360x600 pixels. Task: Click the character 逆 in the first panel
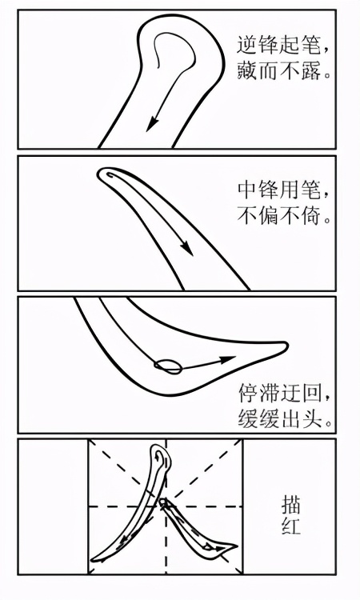(x=246, y=46)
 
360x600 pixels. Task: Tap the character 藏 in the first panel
(x=246, y=70)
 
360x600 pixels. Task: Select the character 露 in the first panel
(x=310, y=70)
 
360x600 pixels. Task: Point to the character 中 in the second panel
(x=247, y=190)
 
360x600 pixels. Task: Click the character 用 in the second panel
(x=290, y=190)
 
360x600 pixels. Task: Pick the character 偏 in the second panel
(x=268, y=214)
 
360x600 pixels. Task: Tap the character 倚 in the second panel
(x=310, y=214)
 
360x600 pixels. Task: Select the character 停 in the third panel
(x=248, y=394)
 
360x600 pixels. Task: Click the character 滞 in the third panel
(x=269, y=394)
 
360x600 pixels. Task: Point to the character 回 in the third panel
(x=310, y=394)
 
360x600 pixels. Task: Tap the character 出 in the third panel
(x=290, y=418)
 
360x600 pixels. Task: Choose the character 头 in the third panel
(x=310, y=418)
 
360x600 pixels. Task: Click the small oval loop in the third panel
(x=168, y=366)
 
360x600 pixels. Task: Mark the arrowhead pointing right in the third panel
(x=228, y=359)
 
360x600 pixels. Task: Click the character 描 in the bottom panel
(x=291, y=505)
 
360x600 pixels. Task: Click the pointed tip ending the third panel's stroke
(x=287, y=345)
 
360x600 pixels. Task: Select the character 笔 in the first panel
(x=310, y=46)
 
